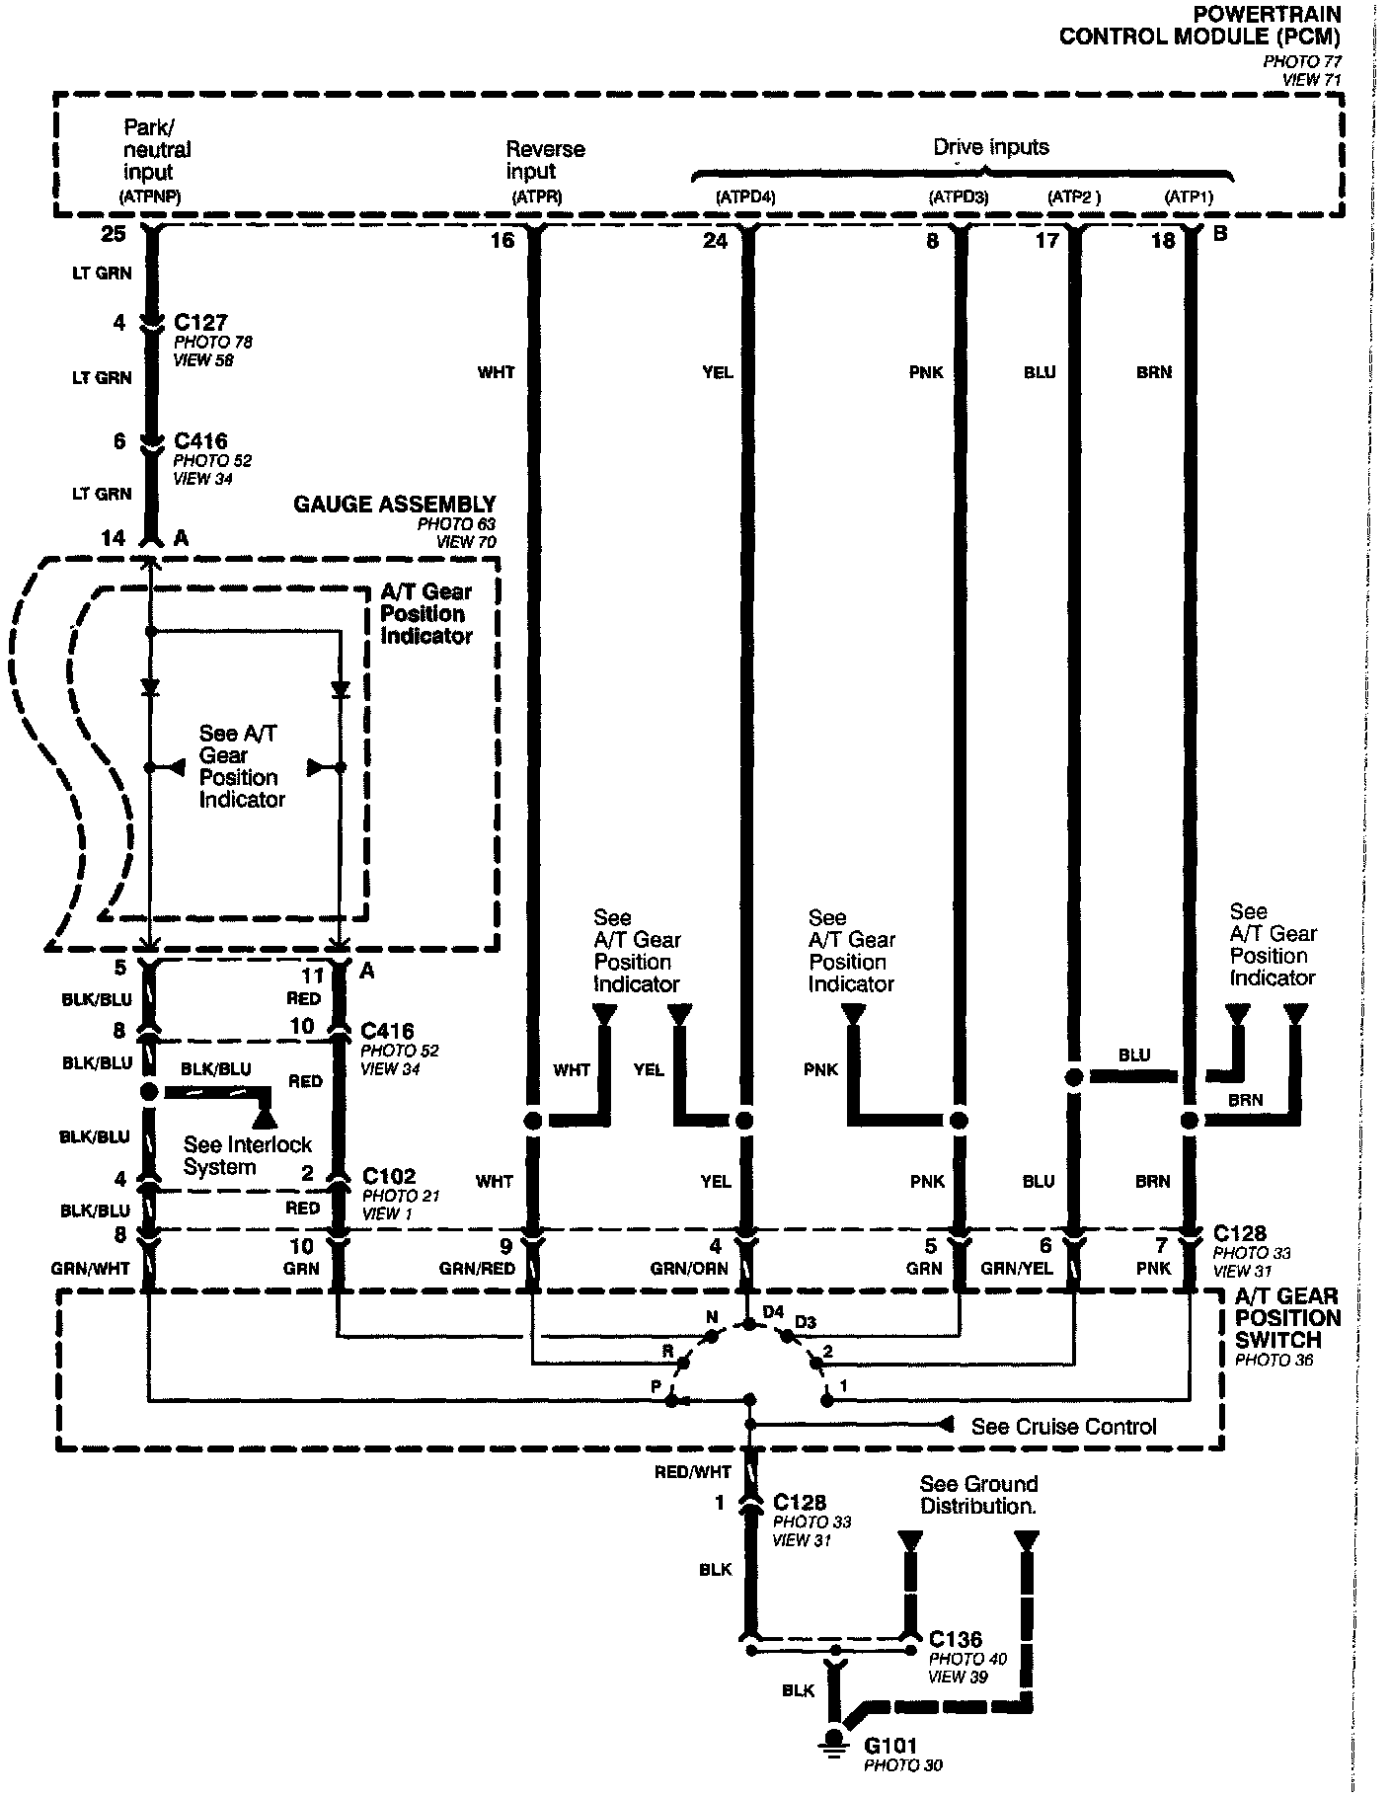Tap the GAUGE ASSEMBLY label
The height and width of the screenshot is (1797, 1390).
point(394,505)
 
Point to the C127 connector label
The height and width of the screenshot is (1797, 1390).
point(200,323)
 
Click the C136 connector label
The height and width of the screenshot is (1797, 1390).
point(956,1639)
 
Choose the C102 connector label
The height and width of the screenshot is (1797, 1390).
point(389,1176)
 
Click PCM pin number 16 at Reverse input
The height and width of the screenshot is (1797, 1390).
point(502,240)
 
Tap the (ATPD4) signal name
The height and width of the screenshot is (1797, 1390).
point(744,197)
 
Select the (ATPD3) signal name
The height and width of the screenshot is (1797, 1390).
point(958,197)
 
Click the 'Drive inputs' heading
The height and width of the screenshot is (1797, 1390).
point(991,148)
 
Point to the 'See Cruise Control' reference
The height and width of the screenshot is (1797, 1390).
point(1063,1427)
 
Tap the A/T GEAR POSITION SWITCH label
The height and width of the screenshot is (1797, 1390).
point(1287,1318)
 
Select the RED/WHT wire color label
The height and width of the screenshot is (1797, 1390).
point(692,1472)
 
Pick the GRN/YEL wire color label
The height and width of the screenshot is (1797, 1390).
point(1012,1269)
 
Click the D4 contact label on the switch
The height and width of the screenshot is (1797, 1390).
point(773,1312)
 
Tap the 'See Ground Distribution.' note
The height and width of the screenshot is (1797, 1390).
point(977,1495)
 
